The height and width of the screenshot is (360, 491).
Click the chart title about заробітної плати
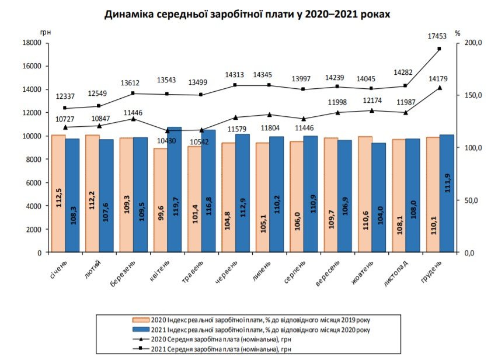point(246,15)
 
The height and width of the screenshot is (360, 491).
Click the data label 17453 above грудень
point(437,36)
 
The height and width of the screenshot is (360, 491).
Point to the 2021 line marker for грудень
point(439,49)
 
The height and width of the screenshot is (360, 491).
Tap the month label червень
point(225,272)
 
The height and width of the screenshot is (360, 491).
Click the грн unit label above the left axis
point(46,33)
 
